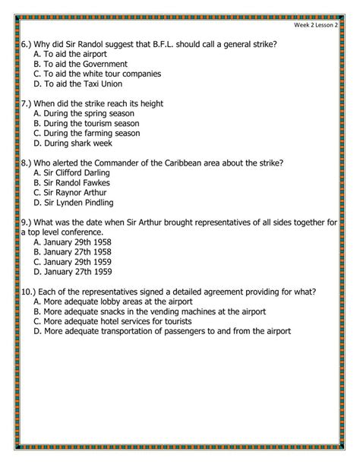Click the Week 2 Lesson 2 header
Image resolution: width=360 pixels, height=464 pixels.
[321, 24]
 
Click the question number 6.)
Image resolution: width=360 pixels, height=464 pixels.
[27, 44]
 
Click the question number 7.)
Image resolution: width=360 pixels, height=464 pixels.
[27, 103]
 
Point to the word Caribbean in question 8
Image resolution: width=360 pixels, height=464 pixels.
[203, 163]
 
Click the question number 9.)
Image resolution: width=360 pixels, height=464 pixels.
[27, 223]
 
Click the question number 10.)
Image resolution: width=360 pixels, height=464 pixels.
[30, 292]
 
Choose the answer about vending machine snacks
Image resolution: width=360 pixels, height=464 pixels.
[155, 311]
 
